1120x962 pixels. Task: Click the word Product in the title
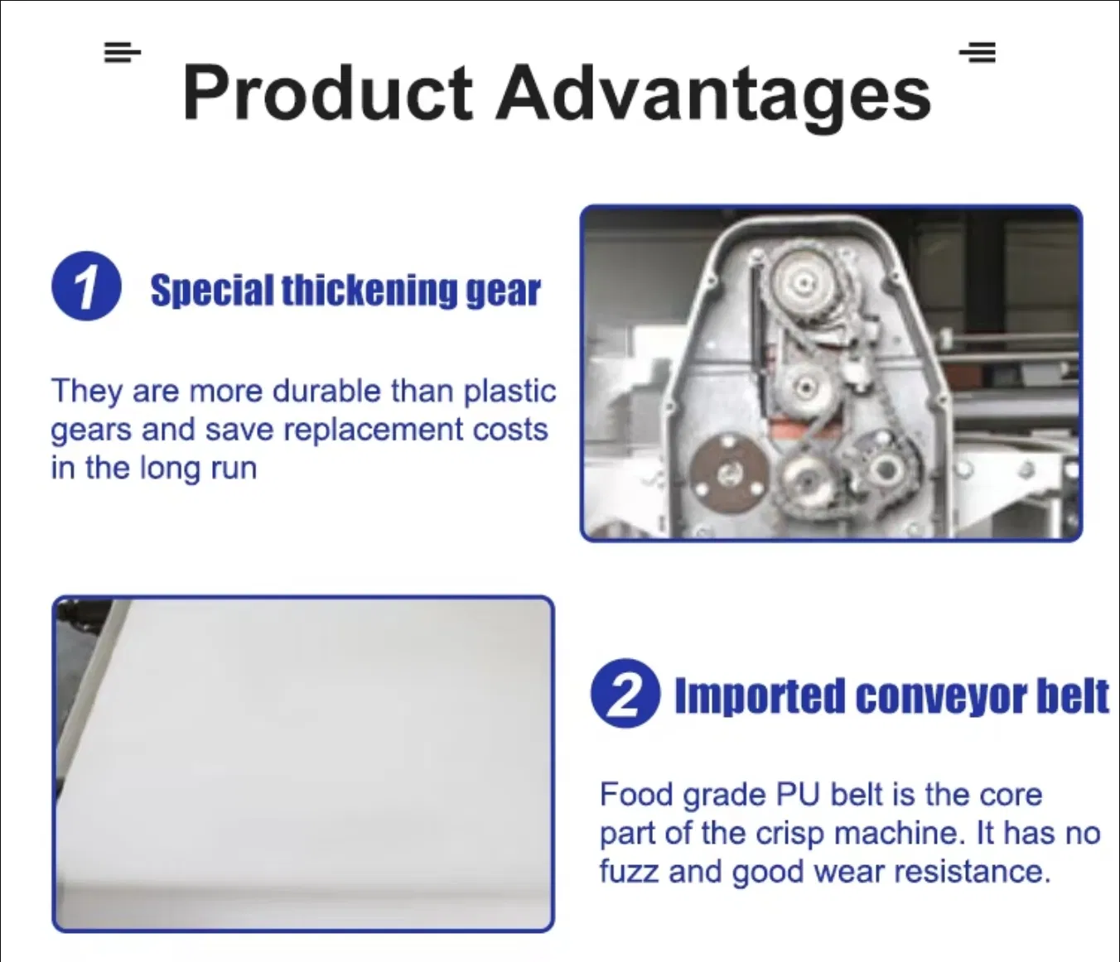[x=328, y=92]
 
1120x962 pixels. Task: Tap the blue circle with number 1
[x=86, y=286]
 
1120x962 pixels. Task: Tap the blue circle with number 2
[x=625, y=693]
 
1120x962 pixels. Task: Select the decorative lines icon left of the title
[x=123, y=52]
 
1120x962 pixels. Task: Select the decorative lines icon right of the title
[x=978, y=52]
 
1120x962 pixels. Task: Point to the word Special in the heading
[x=212, y=291]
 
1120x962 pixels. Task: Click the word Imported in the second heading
[x=760, y=696]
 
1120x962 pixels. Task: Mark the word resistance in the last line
[x=972, y=872]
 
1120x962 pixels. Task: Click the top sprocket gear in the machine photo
[x=803, y=281]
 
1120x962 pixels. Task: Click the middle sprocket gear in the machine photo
[x=804, y=387]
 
